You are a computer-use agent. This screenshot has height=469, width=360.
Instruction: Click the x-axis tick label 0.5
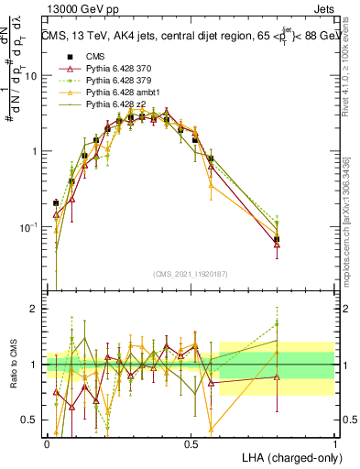(x=191, y=443)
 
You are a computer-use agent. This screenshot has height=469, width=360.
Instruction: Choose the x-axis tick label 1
(x=335, y=443)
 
